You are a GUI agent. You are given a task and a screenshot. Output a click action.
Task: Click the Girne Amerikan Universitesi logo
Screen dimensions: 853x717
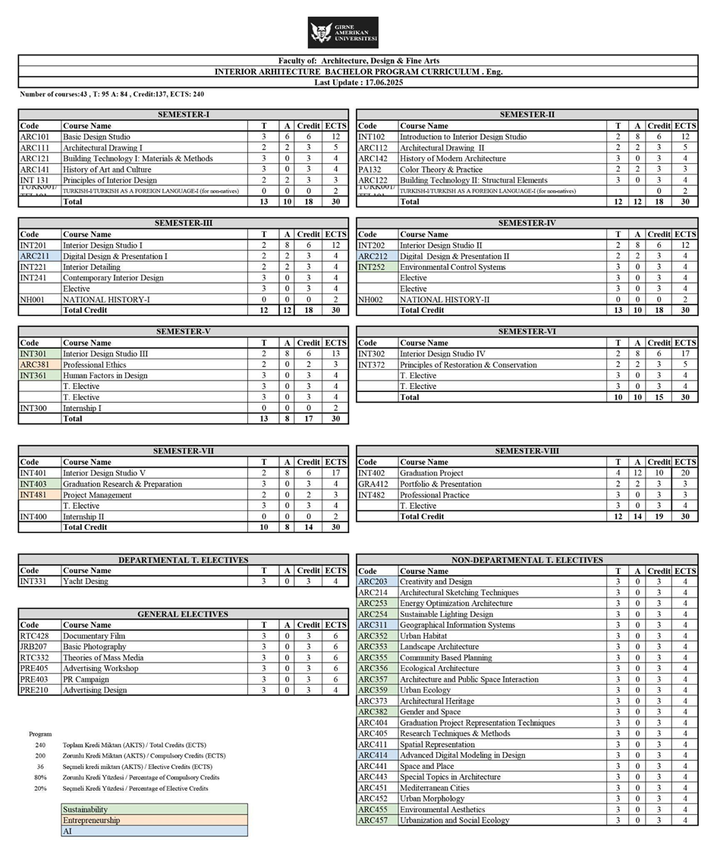(343, 33)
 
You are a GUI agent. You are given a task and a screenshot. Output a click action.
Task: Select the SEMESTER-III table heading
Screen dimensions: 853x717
(183, 224)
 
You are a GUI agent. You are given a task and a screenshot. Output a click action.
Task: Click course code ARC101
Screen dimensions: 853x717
(34, 137)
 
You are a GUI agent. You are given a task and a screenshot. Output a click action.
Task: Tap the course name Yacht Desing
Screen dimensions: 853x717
(86, 582)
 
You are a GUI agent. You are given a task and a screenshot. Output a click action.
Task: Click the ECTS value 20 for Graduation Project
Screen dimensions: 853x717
(684, 473)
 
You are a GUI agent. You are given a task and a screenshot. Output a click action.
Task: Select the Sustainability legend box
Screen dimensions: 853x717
(154, 810)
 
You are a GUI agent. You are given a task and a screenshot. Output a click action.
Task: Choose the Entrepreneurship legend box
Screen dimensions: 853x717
(154, 820)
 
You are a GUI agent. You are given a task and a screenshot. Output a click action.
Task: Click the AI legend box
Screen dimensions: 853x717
(154, 831)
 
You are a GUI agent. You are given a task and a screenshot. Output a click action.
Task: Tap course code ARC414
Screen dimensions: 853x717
(373, 755)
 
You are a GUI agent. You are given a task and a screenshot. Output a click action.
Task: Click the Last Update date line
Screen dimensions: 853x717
(358, 83)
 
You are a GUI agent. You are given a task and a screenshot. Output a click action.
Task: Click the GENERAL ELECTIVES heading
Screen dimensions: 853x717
(183, 614)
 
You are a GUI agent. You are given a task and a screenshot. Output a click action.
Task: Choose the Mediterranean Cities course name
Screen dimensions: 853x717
(435, 788)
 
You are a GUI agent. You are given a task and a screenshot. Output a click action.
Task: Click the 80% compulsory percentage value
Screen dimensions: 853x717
(40, 777)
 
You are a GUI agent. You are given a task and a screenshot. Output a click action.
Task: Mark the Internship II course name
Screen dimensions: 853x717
(83, 516)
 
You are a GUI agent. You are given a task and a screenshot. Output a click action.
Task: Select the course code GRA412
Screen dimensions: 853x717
(373, 484)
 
